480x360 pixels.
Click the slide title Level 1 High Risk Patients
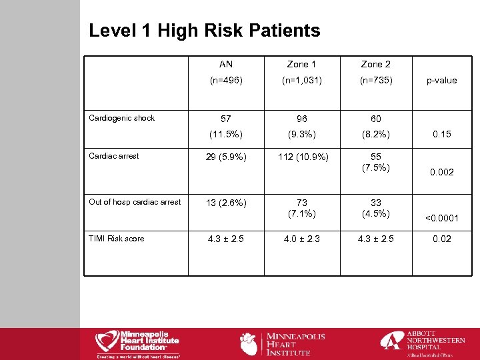204,31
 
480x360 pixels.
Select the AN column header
226,65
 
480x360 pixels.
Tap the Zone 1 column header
302,65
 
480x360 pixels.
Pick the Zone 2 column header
376,65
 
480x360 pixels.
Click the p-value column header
442,80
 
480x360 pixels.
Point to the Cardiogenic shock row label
121,118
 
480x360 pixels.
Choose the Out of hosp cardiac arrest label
135,201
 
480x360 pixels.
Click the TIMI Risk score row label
116,238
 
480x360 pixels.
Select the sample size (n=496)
226,80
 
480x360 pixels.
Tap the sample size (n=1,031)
302,80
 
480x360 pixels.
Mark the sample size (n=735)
376,80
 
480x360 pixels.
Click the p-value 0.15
442,134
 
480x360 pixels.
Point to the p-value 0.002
442,172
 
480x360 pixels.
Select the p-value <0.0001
442,217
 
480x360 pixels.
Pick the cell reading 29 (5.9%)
226,157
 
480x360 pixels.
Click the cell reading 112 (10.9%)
302,157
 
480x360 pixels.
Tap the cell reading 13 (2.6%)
226,203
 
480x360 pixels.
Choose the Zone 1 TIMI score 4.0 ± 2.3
302,239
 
